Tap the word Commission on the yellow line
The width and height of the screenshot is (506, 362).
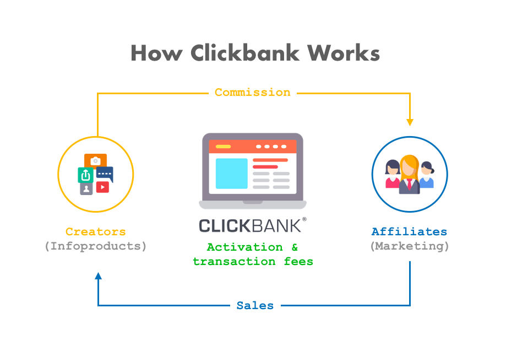pyautogui.click(x=252, y=93)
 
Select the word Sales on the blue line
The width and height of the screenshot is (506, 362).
pyautogui.click(x=255, y=305)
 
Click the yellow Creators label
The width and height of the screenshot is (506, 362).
pyautogui.click(x=95, y=232)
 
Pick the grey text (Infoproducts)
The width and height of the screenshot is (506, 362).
pyautogui.click(x=95, y=246)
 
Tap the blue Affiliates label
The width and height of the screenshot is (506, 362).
pyautogui.click(x=409, y=232)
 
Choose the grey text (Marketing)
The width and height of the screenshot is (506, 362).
pyautogui.click(x=409, y=246)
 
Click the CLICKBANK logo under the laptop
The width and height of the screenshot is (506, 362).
pyautogui.click(x=252, y=225)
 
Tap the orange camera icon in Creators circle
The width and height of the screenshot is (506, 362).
pyautogui.click(x=95, y=160)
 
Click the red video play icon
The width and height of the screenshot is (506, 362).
pyautogui.click(x=102, y=187)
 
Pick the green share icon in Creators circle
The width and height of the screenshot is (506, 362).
pyautogui.click(x=85, y=175)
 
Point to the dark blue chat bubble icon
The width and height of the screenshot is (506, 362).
pyautogui.click(x=105, y=174)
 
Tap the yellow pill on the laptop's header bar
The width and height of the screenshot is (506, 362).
pyautogui.click(x=223, y=147)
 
